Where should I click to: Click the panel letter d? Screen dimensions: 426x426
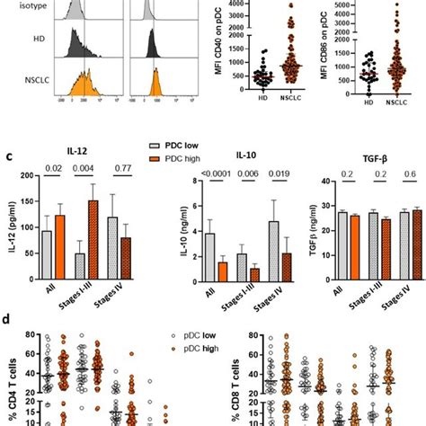pos(7,318)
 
